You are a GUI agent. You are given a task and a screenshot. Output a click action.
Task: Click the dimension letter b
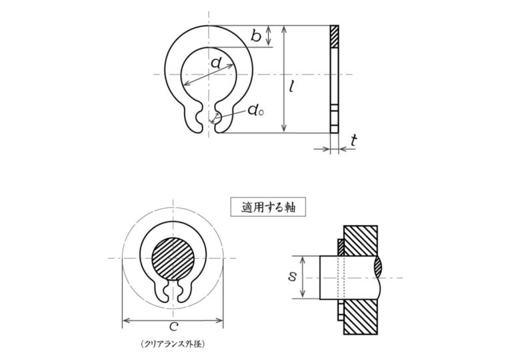[x=256, y=35]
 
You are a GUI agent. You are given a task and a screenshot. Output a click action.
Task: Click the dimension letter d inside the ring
[x=215, y=62]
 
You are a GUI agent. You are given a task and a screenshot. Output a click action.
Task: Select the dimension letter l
[x=292, y=86]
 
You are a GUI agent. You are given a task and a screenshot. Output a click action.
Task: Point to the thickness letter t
[x=353, y=141]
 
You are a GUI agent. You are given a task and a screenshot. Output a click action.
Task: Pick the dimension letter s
[x=292, y=277]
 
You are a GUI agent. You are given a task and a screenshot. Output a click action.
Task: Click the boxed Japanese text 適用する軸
[x=269, y=207]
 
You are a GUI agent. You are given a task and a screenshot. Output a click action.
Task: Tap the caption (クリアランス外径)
[x=173, y=343]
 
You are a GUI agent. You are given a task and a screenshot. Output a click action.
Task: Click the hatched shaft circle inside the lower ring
[x=173, y=259]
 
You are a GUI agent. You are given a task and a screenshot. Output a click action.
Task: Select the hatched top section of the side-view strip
[x=335, y=36]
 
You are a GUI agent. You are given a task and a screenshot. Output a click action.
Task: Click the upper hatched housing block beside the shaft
[x=361, y=241]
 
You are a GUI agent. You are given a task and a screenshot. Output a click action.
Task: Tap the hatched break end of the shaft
[x=378, y=267]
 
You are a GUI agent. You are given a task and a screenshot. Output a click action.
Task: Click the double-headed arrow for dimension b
[x=269, y=36]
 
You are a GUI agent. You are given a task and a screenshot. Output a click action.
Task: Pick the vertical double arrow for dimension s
[x=303, y=277]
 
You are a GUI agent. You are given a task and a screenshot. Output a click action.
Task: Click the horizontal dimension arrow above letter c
[x=173, y=321]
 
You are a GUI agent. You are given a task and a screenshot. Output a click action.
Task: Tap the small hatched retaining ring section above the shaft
[x=341, y=247]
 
